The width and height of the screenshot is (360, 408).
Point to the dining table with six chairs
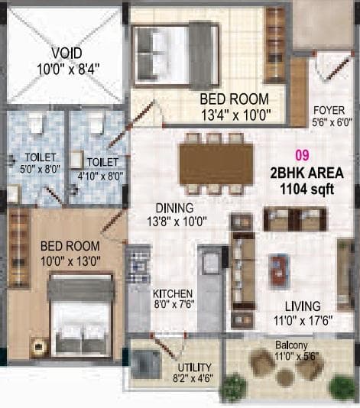216,162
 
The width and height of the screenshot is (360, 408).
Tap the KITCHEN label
172,293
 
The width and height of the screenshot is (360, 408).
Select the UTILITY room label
191,364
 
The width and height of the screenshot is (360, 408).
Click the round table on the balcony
284,377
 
